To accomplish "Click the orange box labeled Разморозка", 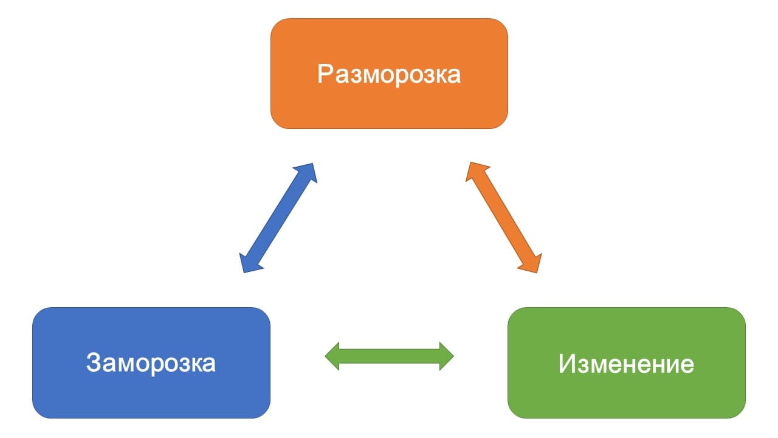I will point(389,103).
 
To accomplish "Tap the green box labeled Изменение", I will point(626,392).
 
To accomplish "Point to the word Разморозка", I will point(389,74).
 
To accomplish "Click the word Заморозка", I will point(151,363).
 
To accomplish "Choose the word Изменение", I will point(626,364).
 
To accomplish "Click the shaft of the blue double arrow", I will point(278,217).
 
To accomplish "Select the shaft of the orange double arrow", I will point(503,217).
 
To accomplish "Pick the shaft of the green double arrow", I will point(389,356).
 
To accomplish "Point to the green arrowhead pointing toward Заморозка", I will point(332,356).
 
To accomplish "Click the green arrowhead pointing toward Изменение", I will point(446,356).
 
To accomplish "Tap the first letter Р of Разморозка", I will point(325,74).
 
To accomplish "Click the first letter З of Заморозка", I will point(93,363).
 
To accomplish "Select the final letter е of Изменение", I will point(687,366).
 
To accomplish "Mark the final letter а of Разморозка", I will point(453,76).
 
